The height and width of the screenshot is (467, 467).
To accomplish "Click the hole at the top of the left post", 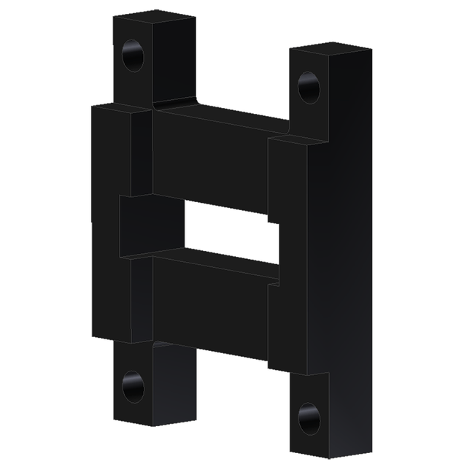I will tap(133, 55).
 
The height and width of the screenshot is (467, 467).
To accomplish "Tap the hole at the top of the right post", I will tap(309, 88).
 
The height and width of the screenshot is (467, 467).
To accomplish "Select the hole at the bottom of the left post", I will tap(133, 385).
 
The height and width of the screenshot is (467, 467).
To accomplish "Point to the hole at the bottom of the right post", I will tap(309, 418).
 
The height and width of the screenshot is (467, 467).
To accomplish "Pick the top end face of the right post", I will tap(330, 50).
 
